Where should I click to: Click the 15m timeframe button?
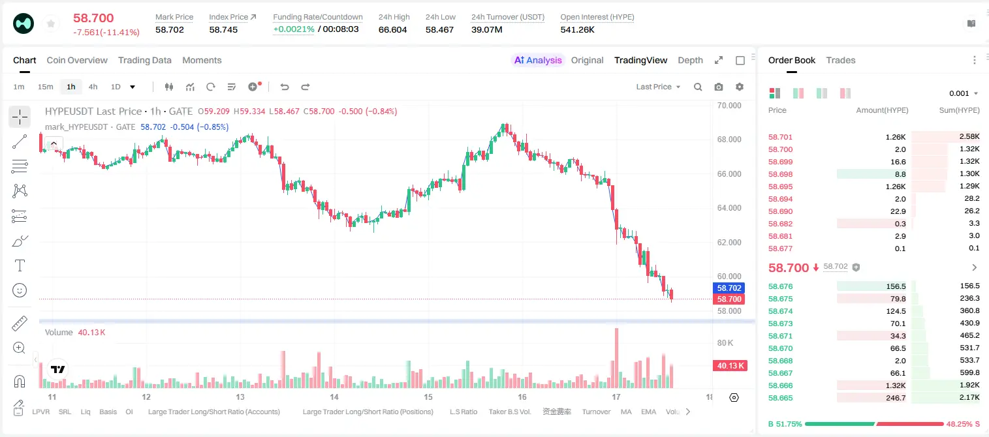(46, 87)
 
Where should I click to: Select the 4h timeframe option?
(93, 87)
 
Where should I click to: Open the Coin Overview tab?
(77, 60)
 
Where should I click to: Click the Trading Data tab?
(144, 60)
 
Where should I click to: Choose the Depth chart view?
(690, 60)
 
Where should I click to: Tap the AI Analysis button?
(538, 60)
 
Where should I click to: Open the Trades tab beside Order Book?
(841, 60)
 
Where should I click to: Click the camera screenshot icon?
(719, 87)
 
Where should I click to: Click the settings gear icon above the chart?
(740, 87)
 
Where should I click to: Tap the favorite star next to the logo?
(51, 23)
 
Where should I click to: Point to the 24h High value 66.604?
(392, 29)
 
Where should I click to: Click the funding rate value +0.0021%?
(294, 29)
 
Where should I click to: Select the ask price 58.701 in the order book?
(780, 137)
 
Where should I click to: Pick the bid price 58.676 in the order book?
(780, 286)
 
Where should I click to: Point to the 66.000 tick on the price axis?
(729, 173)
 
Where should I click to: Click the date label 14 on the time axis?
(334, 397)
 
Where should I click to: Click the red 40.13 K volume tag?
(730, 365)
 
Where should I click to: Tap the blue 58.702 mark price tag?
(729, 288)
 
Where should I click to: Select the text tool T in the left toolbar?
(20, 265)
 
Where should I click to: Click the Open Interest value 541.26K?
(578, 29)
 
